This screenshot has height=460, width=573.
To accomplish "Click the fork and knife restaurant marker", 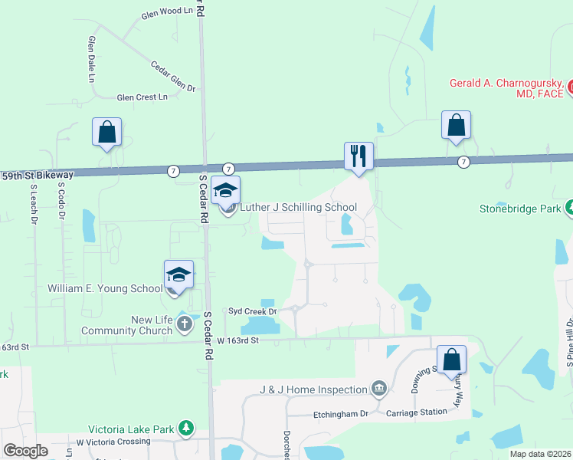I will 359,156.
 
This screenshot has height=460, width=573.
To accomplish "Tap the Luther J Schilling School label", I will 298,207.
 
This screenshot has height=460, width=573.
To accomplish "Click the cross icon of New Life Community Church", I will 184,324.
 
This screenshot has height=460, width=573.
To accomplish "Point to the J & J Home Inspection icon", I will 378,389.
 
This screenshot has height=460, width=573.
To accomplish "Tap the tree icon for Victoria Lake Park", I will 185,428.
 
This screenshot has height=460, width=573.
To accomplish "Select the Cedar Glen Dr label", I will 173,77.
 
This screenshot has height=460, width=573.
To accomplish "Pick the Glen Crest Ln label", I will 142,97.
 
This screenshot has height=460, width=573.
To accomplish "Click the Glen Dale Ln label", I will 92,59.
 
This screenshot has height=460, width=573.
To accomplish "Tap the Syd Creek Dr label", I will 252,310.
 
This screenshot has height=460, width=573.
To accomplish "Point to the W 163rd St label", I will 239,339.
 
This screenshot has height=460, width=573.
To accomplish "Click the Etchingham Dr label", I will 341,413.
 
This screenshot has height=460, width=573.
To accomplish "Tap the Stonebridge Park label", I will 521,207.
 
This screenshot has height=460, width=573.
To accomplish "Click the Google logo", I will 25,451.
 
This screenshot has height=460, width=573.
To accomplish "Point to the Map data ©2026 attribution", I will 539,454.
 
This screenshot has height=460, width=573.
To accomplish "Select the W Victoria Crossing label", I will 113,442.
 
